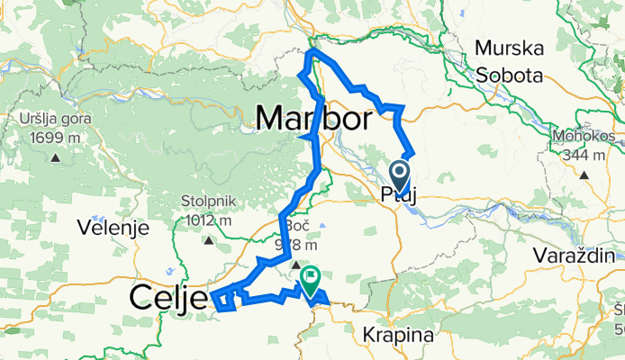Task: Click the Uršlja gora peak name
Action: (x=55, y=120)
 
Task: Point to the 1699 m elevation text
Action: (x=55, y=138)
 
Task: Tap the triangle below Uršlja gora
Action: (x=55, y=157)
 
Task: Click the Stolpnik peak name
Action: (x=207, y=202)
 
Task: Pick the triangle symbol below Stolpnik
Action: (x=208, y=240)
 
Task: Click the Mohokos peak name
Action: (x=584, y=136)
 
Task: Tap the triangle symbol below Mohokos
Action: (x=584, y=175)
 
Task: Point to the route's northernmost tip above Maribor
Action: (x=312, y=53)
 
